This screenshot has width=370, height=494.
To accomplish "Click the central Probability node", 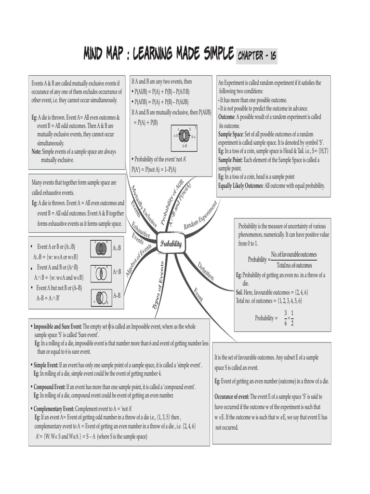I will point(171,244).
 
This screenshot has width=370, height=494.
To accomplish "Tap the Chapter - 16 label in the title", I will point(257,56).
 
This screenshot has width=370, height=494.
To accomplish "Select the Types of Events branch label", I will point(159,285).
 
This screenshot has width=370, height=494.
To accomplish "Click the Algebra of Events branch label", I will point(138,260).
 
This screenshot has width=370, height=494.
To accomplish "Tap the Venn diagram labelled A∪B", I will point(101,248).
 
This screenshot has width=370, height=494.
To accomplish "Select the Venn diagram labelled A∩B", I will point(101,273).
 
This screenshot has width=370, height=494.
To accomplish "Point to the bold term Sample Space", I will point(231,134).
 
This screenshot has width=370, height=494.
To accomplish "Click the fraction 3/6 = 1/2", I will point(289,318).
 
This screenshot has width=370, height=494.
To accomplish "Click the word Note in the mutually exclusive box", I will point(37,151).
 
